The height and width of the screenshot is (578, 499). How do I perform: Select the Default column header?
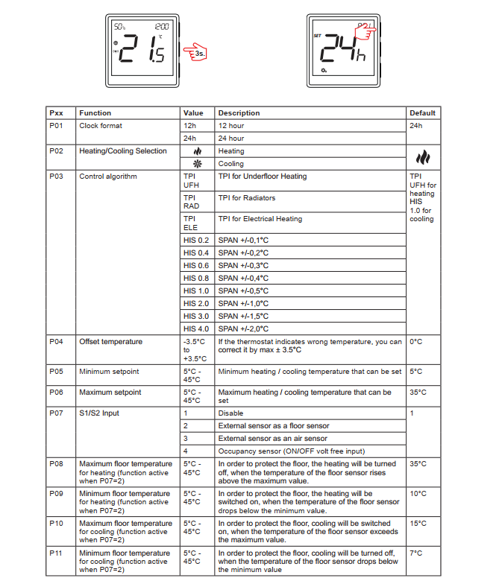pos(422,113)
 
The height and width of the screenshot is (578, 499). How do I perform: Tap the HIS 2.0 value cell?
pos(196,304)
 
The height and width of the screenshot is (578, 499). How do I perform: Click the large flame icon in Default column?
pos(423,157)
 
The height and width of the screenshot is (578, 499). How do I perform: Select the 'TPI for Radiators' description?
pos(247,198)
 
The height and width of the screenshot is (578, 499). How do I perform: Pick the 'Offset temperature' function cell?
pos(110,342)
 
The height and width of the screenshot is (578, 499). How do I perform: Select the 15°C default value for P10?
pos(418,524)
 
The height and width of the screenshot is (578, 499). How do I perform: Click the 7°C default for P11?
pos(417,553)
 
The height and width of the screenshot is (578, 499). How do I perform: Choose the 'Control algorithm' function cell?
pos(108,177)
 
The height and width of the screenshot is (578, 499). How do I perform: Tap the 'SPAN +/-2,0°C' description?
pos(243,329)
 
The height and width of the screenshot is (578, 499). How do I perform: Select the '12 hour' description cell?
pos(231,126)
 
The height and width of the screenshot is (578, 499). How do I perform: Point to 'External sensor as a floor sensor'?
pos(274,426)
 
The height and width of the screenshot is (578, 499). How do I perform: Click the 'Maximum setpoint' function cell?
pos(110,393)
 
